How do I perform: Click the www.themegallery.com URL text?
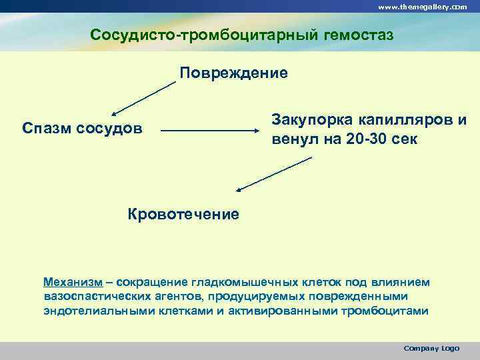tap(423, 7)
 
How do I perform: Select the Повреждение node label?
tap(233, 72)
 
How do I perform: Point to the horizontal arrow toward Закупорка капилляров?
tap(209, 131)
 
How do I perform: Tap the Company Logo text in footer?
tap(431, 349)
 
